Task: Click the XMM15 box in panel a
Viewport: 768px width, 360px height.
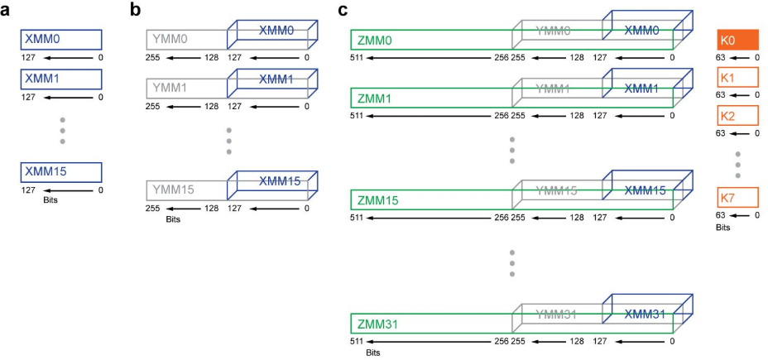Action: pyautogui.click(x=61, y=172)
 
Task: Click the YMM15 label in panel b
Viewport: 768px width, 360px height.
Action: pyautogui.click(x=171, y=190)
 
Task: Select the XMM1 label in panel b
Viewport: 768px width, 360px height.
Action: pyautogui.click(x=276, y=79)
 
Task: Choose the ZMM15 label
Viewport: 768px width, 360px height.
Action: pyautogui.click(x=377, y=199)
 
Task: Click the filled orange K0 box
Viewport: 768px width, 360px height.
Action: pyautogui.click(x=737, y=40)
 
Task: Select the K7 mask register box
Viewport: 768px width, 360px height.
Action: pyautogui.click(x=737, y=199)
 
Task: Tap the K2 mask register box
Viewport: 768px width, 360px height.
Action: pyautogui.click(x=737, y=116)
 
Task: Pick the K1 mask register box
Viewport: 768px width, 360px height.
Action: pyautogui.click(x=737, y=78)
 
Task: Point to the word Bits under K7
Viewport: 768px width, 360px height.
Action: pyautogui.click(x=723, y=226)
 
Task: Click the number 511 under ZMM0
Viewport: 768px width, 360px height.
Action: pyautogui.click(x=357, y=57)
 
